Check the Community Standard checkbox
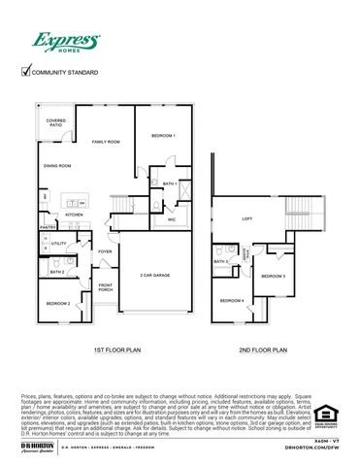[26, 71]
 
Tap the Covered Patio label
[56, 123]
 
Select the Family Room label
[105, 142]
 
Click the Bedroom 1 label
[163, 136]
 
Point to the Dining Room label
[57, 166]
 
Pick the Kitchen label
[75, 215]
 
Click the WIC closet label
[172, 219]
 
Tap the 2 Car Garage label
[155, 275]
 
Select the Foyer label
[105, 252]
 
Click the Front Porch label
[106, 287]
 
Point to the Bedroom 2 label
[58, 303]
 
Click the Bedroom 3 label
[277, 276]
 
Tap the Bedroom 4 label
[231, 300]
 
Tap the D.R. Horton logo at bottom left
[36, 447]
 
